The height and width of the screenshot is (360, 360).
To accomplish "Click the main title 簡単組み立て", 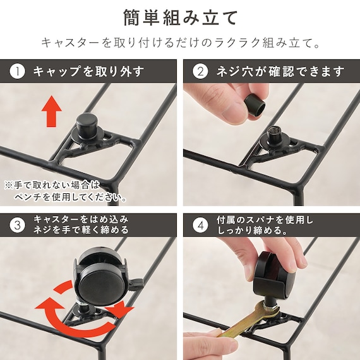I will coord(180,15).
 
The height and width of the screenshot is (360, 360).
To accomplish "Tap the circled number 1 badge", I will coord(17,71).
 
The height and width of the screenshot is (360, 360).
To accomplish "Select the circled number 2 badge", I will coord(200,71).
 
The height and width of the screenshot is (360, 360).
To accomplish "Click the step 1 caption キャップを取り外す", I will coord(88,71).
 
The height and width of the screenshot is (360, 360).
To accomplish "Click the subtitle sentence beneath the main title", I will coord(180,43).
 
